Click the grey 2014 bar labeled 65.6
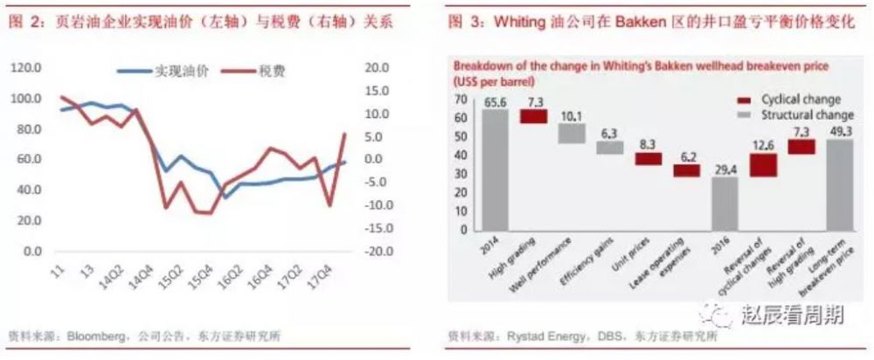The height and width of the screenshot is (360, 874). (x=494, y=171)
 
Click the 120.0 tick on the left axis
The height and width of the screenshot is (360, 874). (x=29, y=67)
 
